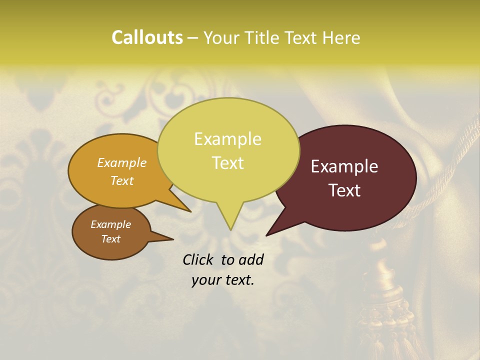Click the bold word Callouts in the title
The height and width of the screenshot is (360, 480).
click(x=147, y=37)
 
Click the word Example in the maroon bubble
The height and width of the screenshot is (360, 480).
click(x=344, y=166)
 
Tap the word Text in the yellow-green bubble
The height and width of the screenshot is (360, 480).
click(x=228, y=163)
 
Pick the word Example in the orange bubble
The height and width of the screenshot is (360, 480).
click(x=122, y=162)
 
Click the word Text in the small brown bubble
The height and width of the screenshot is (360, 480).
click(x=111, y=239)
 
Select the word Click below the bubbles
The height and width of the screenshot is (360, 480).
click(x=198, y=259)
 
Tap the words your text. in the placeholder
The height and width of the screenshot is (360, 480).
click(x=223, y=280)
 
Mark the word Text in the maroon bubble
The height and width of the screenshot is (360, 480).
click(x=344, y=190)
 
